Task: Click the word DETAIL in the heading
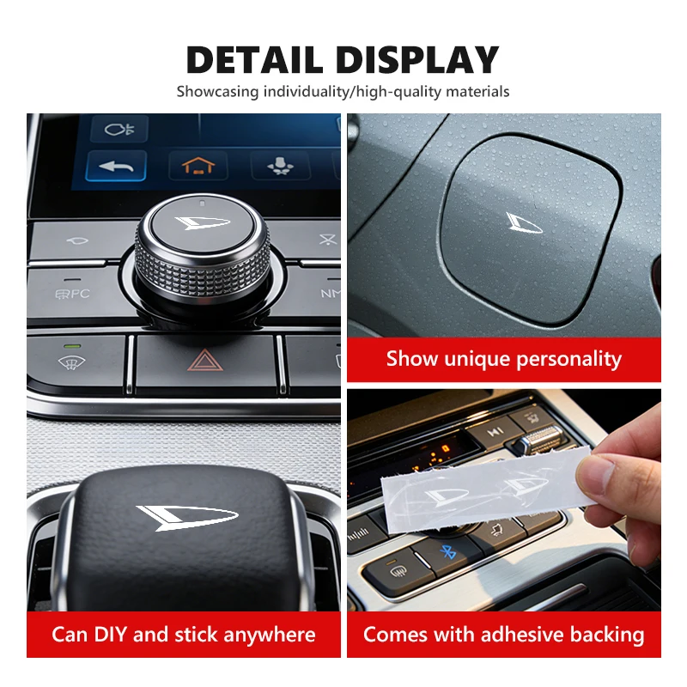pyautogui.click(x=254, y=59)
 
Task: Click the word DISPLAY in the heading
pyautogui.click(x=418, y=59)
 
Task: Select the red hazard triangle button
pyautogui.click(x=205, y=360)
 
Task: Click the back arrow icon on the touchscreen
pyautogui.click(x=116, y=166)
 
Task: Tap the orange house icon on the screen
pyautogui.click(x=198, y=166)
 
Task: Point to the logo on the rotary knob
pyautogui.click(x=202, y=222)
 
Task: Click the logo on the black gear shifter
pyautogui.click(x=186, y=518)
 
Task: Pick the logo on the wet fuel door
pyautogui.click(x=524, y=222)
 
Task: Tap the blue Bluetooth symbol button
pyautogui.click(x=447, y=551)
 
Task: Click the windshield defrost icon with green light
pyautogui.click(x=72, y=362)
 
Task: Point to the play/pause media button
pyautogui.click(x=495, y=433)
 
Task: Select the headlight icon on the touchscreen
pyautogui.click(x=119, y=130)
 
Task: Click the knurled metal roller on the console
pyautogui.click(x=539, y=439)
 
